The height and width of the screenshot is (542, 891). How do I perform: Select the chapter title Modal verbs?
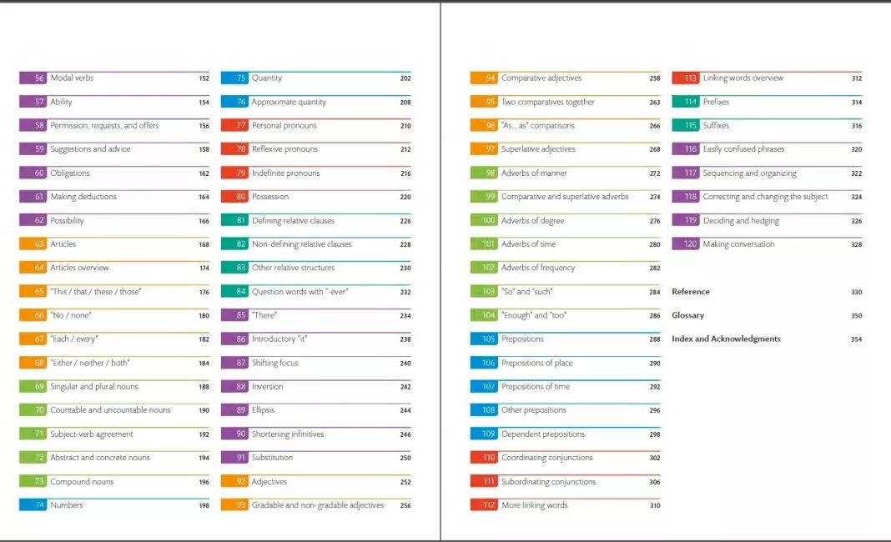pyautogui.click(x=72, y=78)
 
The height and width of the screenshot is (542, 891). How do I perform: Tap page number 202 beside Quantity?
pyautogui.click(x=405, y=78)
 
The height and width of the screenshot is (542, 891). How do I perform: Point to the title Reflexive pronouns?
pyautogui.click(x=284, y=149)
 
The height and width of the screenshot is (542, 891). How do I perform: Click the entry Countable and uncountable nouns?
pyautogui.click(x=110, y=410)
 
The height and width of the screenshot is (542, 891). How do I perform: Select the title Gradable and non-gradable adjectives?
pyautogui.click(x=318, y=505)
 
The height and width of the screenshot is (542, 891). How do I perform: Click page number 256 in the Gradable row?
pyautogui.click(x=405, y=505)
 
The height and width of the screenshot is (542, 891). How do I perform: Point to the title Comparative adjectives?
pyautogui.click(x=541, y=78)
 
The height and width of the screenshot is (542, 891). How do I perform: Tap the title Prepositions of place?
pyautogui.click(x=537, y=364)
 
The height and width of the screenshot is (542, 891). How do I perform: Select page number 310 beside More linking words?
pyautogui.click(x=655, y=505)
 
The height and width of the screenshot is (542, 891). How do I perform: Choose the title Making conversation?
pyautogui.click(x=738, y=244)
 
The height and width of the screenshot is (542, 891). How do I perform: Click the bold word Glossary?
pyautogui.click(x=688, y=316)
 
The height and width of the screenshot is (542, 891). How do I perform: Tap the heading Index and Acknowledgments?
pyautogui.click(x=726, y=339)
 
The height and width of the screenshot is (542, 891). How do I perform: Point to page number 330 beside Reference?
pyautogui.click(x=857, y=293)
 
